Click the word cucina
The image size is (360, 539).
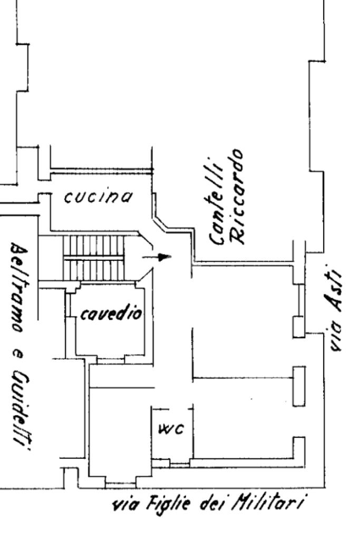point(99,197)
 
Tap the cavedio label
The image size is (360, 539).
point(111,313)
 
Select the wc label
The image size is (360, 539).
point(171,429)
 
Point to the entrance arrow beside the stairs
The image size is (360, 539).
point(157,257)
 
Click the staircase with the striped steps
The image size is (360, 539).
point(93,258)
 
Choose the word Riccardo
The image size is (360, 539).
point(237,196)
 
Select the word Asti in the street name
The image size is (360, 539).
point(333,289)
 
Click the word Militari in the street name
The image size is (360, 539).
point(268,504)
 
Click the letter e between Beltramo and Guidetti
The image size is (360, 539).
point(16,352)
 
